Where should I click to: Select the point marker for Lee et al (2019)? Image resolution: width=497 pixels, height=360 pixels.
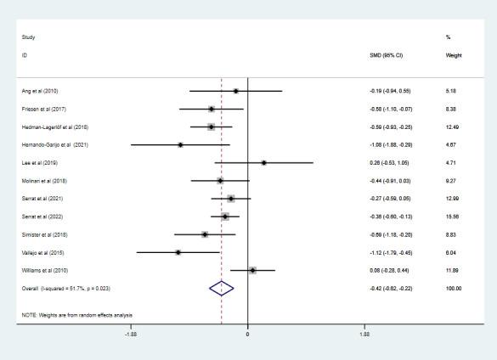264,162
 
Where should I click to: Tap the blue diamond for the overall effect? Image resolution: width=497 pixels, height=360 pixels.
221,289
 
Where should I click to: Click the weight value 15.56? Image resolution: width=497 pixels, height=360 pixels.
452,217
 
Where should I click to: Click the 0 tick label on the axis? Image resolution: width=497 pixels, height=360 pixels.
247,334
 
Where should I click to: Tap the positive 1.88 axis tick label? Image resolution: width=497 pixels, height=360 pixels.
364,334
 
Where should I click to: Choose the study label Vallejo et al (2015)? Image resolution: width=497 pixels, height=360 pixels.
42,252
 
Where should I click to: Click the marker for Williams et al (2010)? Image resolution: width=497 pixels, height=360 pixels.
252,271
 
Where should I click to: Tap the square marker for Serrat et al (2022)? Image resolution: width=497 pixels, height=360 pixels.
225,217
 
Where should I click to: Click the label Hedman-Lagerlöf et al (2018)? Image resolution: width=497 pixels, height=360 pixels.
54,127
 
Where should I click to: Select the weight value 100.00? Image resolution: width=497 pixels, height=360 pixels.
453,289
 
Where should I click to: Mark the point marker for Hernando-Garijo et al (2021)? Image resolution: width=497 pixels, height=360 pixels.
180,145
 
